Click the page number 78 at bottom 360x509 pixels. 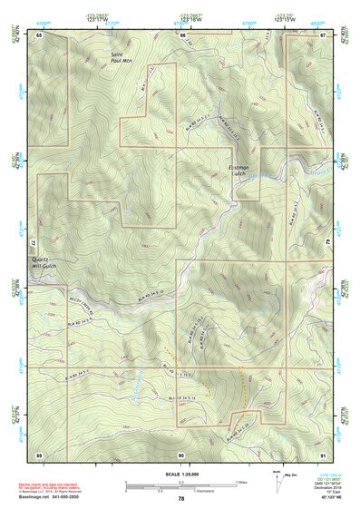pyautogui.click(x=181, y=499)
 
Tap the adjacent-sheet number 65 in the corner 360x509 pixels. pyautogui.click(x=41, y=34)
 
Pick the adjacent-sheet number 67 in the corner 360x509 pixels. pyautogui.click(x=323, y=34)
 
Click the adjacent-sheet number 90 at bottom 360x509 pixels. pyautogui.click(x=182, y=454)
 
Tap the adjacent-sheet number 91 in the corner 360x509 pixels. pyautogui.click(x=323, y=454)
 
